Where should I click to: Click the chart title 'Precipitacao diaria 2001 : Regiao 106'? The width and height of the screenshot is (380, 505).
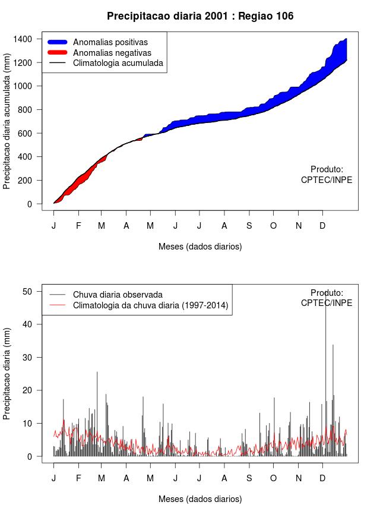(200, 16)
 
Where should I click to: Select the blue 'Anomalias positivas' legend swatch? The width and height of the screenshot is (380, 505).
(58, 42)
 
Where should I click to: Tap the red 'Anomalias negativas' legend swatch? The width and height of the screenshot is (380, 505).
(58, 52)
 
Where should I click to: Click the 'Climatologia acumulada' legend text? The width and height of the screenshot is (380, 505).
(118, 63)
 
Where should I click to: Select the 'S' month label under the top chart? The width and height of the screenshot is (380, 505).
(249, 226)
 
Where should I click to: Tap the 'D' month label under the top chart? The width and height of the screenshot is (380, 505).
(322, 226)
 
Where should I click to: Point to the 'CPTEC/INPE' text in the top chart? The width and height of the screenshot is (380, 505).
(327, 180)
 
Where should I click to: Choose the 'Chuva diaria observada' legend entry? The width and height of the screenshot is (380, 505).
(118, 295)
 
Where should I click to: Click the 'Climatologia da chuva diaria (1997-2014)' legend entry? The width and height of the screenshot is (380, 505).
(151, 305)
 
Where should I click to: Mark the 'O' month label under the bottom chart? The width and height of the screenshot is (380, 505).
(273, 478)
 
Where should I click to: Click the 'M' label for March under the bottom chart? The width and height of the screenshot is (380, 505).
(102, 478)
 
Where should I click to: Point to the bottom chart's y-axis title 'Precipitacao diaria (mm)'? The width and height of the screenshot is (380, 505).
(7, 373)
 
